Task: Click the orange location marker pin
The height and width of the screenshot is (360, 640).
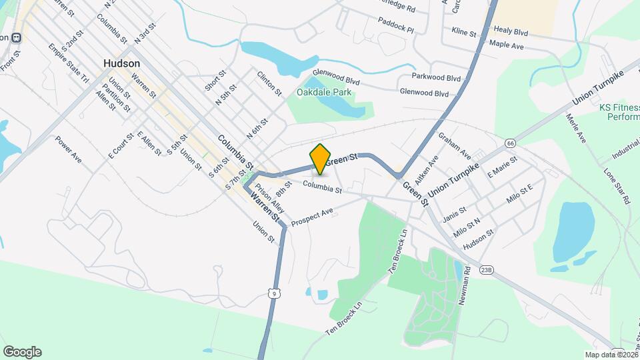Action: tap(321, 158)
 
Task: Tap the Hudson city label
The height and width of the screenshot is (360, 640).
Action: tap(122, 63)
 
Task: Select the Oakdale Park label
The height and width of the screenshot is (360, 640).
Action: tap(323, 92)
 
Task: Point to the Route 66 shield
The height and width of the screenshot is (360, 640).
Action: tap(511, 143)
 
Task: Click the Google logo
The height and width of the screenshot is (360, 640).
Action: tap(22, 352)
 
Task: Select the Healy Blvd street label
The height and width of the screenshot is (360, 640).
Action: tap(511, 30)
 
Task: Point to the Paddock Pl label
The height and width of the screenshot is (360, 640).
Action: tap(396, 30)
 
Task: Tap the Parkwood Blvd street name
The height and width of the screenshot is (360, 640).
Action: tap(437, 77)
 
